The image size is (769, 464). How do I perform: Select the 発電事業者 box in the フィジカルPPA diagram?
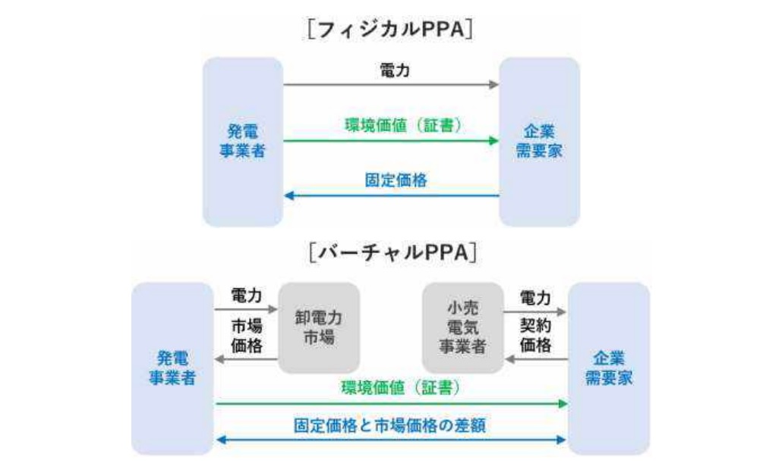(x=242, y=141)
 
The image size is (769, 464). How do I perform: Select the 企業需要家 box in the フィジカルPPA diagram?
(x=539, y=141)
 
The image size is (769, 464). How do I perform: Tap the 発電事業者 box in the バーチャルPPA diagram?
(x=172, y=367)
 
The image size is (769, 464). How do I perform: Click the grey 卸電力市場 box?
(x=318, y=328)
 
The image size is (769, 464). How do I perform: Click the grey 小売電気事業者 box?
(x=462, y=328)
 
